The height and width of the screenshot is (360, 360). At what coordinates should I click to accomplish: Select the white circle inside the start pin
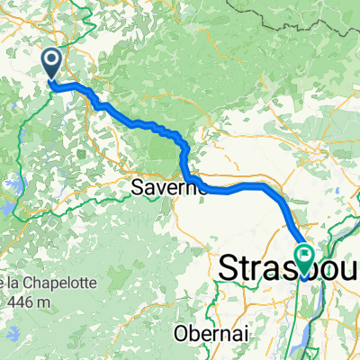51,60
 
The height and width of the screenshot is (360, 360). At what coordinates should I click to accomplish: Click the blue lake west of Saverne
8,208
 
